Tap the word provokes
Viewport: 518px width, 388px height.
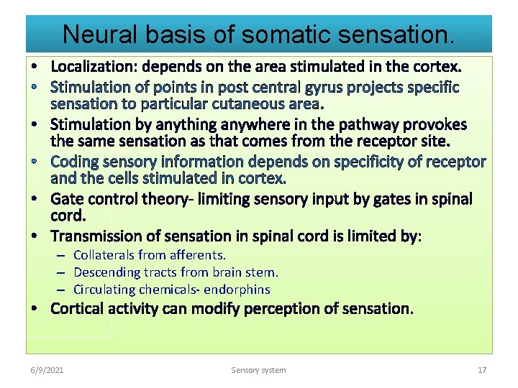(x=434, y=124)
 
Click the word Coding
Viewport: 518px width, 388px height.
(x=76, y=162)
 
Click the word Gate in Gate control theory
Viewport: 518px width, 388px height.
(x=68, y=199)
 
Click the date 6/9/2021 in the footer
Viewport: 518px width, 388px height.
(x=47, y=370)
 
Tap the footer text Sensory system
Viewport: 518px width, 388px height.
(x=258, y=370)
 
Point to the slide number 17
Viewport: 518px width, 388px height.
(x=482, y=370)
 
